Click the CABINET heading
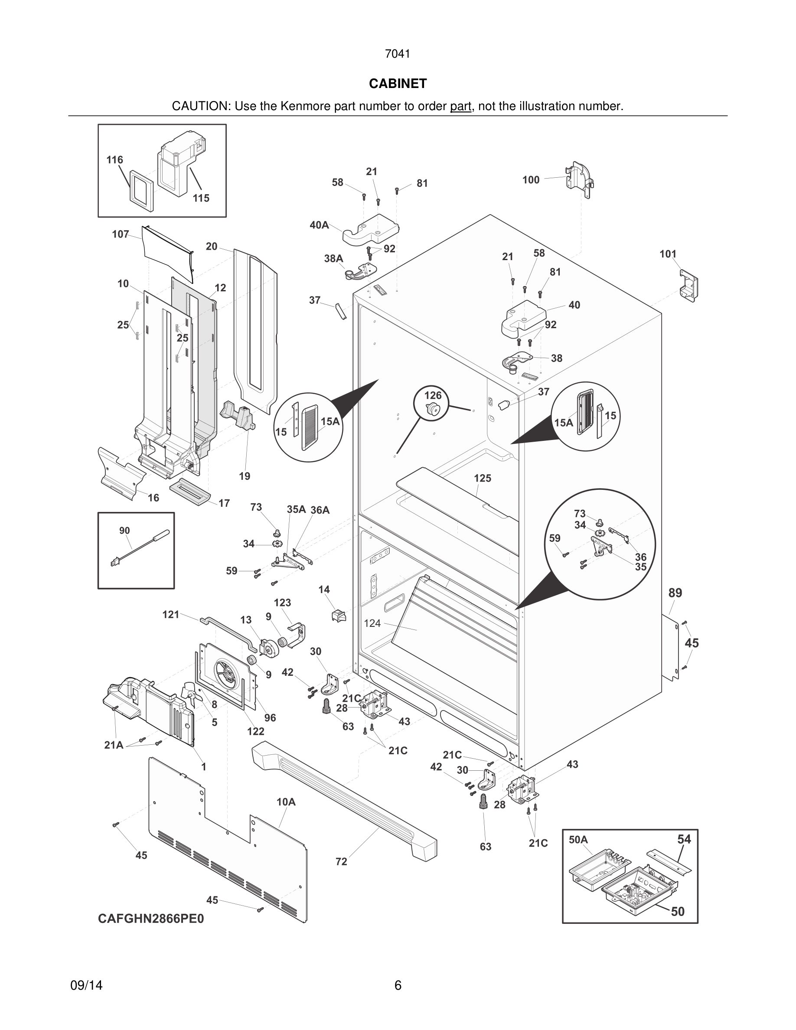[398, 84]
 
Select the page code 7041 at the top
[398, 54]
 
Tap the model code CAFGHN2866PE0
[151, 919]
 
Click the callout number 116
[114, 160]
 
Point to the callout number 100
[531, 179]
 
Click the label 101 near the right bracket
[668, 254]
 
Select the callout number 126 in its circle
[433, 395]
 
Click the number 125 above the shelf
[483, 478]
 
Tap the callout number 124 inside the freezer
[372, 623]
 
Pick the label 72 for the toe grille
[341, 862]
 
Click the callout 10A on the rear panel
[286, 802]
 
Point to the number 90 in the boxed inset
[124, 531]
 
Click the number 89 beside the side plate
[675, 593]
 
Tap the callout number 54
[684, 839]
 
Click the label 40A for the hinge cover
[319, 225]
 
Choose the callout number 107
[120, 235]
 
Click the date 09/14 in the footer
[86, 985]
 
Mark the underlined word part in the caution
[460, 106]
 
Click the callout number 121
[171, 615]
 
